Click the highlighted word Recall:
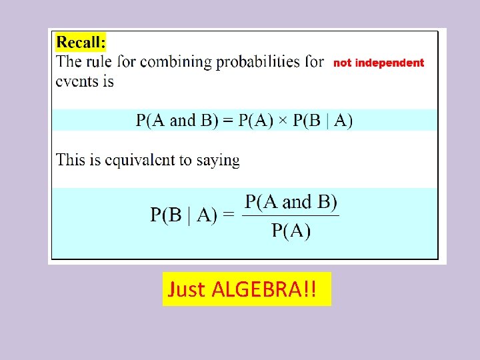click(x=81, y=43)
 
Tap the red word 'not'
click(x=342, y=63)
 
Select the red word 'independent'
click(x=389, y=63)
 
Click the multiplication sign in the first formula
click(x=283, y=121)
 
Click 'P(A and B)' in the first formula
click(x=177, y=121)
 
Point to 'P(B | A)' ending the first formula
click(x=323, y=121)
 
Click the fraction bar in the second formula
click(x=291, y=215)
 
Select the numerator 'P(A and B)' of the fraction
click(x=291, y=202)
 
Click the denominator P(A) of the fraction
click(x=291, y=231)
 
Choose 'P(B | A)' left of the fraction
click(x=183, y=215)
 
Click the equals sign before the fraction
click(x=229, y=215)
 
